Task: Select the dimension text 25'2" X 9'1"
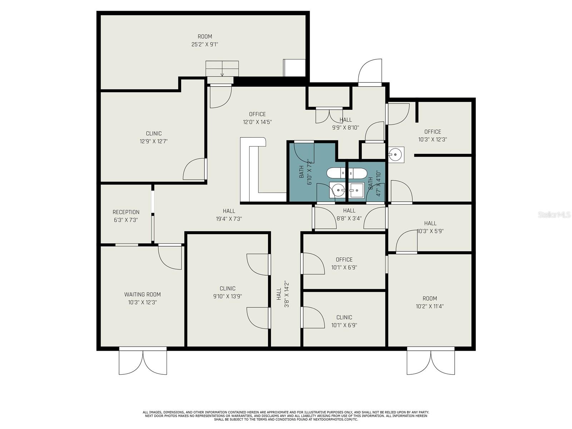click(x=205, y=44)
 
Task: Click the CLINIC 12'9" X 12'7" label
click(x=154, y=137)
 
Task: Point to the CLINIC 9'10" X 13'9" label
click(x=227, y=292)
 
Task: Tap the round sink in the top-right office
click(x=395, y=155)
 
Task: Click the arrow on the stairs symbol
click(x=222, y=74)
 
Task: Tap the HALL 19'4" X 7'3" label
click(x=229, y=215)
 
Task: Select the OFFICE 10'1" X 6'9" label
click(x=344, y=263)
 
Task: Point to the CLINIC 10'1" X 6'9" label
click(x=344, y=321)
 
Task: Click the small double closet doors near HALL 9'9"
click(x=329, y=115)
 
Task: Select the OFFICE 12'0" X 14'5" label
click(x=257, y=118)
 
